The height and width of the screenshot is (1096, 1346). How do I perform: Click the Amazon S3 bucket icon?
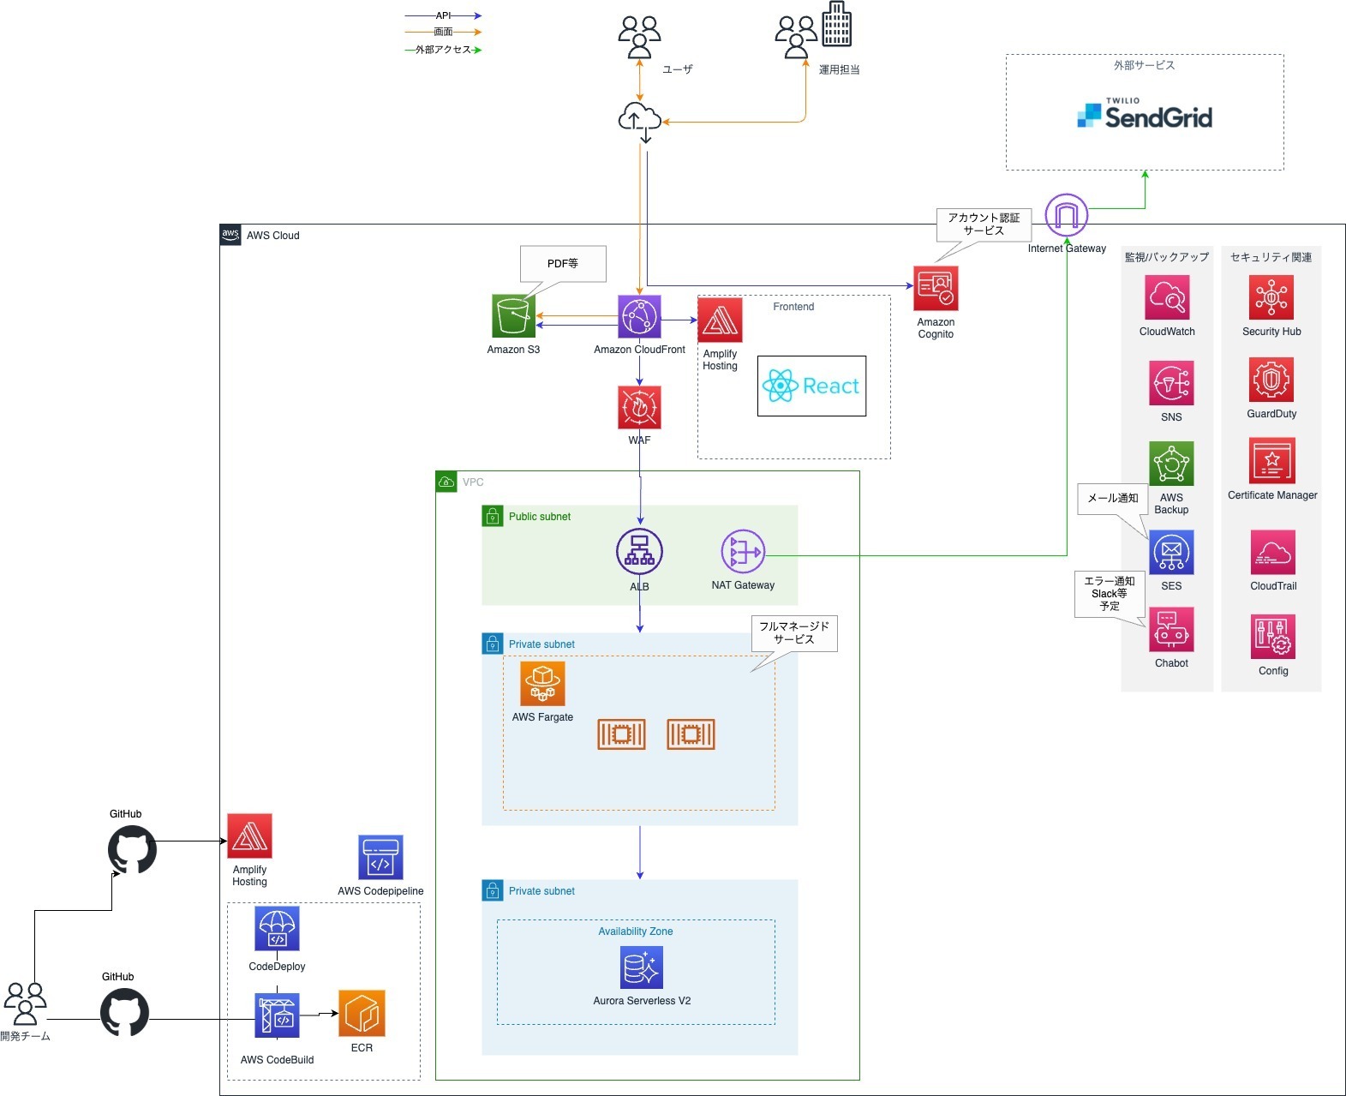(513, 316)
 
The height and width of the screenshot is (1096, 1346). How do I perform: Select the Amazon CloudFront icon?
(639, 317)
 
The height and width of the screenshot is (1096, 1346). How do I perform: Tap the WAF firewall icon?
(639, 407)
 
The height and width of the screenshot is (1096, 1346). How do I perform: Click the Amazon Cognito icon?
(936, 288)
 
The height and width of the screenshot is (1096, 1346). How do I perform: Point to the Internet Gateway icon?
(1067, 215)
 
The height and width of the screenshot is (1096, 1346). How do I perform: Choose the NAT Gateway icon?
(743, 552)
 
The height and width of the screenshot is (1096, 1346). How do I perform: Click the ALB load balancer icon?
(639, 552)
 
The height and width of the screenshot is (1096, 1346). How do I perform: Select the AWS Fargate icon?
(542, 684)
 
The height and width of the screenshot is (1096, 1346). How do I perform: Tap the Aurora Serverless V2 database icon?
(642, 967)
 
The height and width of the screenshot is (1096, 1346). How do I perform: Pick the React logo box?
(811, 386)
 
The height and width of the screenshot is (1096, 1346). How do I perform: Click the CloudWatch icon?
(1167, 297)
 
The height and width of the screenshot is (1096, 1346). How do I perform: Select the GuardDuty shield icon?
(1271, 380)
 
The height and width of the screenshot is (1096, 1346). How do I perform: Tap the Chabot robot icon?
(1171, 631)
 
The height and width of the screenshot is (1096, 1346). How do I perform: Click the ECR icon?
(362, 1014)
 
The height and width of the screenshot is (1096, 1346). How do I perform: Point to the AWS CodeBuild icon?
(277, 1016)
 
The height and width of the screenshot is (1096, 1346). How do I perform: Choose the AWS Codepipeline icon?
(380, 858)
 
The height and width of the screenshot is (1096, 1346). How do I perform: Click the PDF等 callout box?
(563, 264)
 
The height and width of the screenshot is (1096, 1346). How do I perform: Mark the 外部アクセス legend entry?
(443, 50)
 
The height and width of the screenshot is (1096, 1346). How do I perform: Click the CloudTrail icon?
(1272, 553)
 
